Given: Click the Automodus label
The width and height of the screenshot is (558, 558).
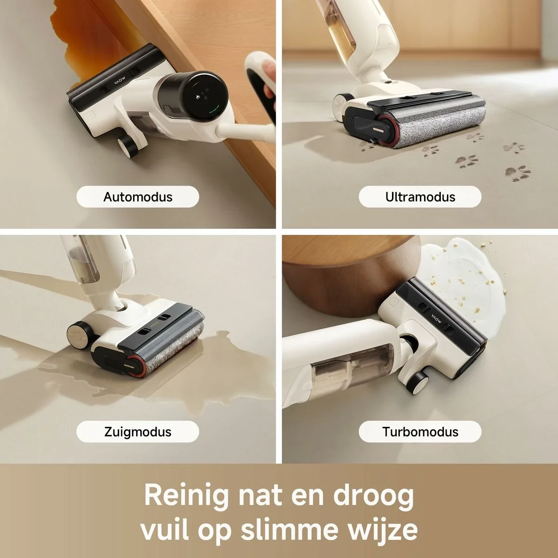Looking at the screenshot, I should [x=138, y=197].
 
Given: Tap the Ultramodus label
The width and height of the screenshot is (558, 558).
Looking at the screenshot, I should [x=420, y=197].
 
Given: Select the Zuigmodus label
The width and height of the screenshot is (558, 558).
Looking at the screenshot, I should [x=138, y=432].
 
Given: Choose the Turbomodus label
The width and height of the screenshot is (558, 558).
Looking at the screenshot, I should [x=420, y=432].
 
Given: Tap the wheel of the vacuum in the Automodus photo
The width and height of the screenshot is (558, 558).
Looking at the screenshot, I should [x=126, y=146].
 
